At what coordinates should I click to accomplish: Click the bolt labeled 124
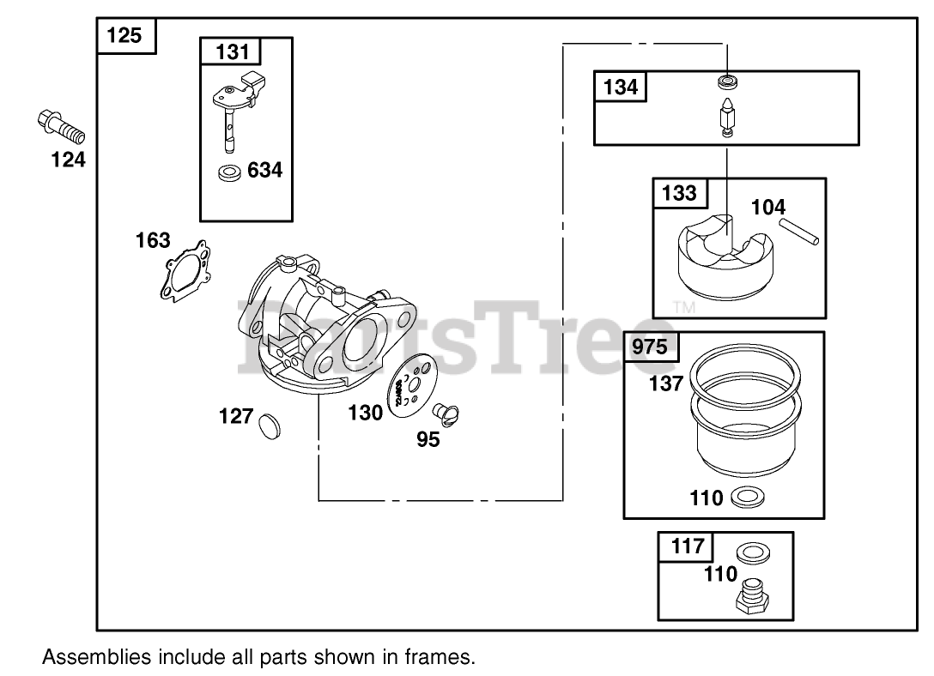(x=63, y=128)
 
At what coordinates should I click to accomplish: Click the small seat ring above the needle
(x=727, y=83)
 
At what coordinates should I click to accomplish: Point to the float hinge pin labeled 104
(x=800, y=232)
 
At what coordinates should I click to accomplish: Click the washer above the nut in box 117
(x=753, y=552)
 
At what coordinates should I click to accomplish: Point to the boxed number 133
(x=680, y=193)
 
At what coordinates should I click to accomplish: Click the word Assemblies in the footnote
(x=95, y=658)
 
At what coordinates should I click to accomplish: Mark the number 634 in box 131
(x=264, y=170)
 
